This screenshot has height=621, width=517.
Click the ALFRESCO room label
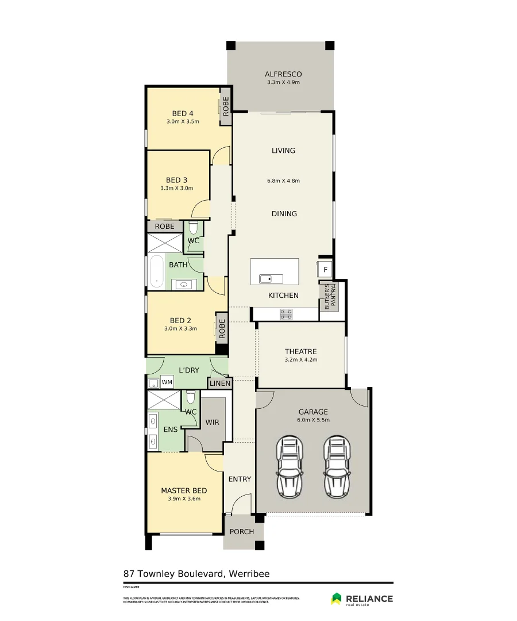283,74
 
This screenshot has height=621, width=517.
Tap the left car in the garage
290,467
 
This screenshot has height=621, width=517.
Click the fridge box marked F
325,269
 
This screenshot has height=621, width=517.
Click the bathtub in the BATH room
155,271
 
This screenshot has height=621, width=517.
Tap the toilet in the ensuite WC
191,397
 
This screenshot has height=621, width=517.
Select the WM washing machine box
167,382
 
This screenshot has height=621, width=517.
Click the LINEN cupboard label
220,384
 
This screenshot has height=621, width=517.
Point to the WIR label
213,422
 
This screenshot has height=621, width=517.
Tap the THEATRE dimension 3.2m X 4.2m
300,360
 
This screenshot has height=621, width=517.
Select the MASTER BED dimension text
184,499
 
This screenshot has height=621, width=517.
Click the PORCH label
241,532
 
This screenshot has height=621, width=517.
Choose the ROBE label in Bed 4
226,106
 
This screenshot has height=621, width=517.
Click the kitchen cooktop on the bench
285,314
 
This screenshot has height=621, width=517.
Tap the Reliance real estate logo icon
336,599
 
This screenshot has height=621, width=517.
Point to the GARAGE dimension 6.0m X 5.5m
313,420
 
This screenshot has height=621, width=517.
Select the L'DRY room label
188,370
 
